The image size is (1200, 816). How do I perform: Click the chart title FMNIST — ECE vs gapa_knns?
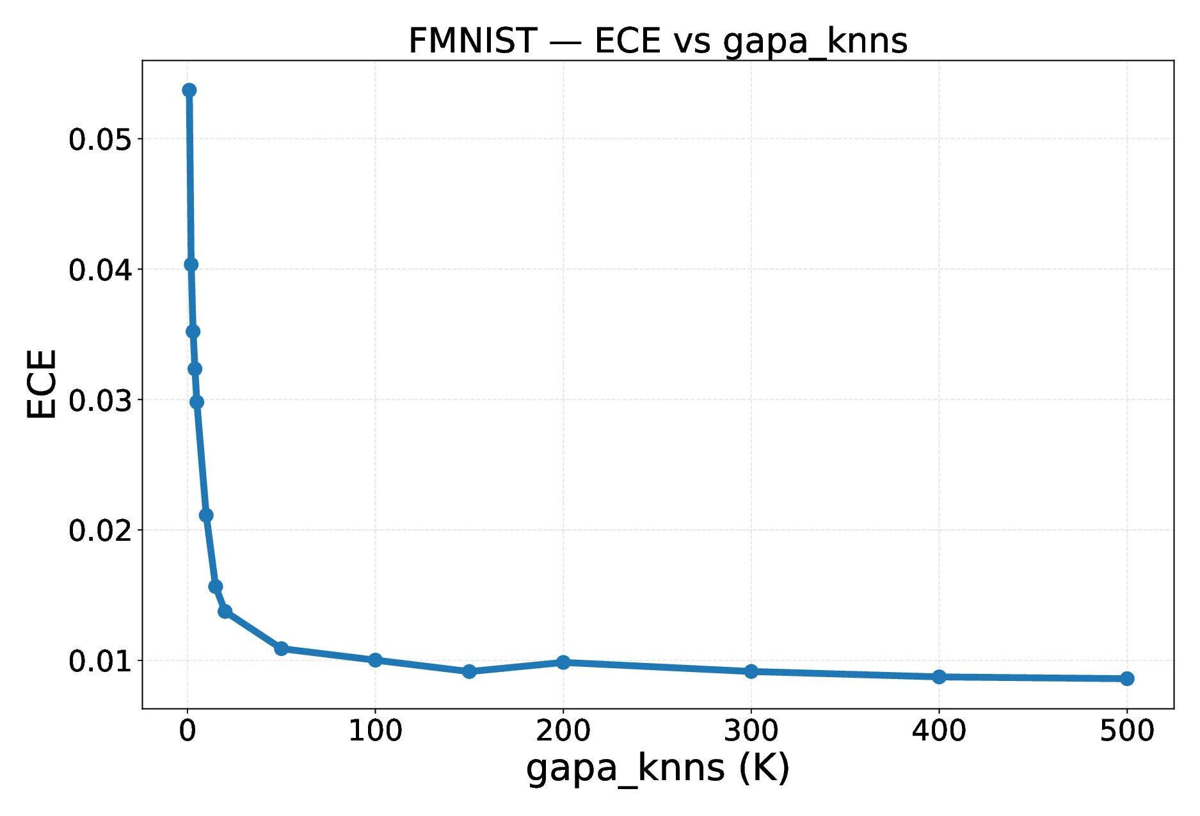coord(657,41)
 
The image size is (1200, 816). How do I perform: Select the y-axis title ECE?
coord(42,384)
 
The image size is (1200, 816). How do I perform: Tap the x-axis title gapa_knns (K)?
coord(657,768)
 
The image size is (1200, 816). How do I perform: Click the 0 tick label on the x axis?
coord(188,730)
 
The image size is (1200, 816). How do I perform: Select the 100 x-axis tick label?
coord(375,730)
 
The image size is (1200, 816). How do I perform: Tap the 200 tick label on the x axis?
coord(563,730)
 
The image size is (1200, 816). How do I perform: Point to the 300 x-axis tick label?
coord(751,730)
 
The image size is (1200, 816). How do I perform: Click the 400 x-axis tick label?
coord(939,730)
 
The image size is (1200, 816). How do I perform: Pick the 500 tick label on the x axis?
coord(1126,730)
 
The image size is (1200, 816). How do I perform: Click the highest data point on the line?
coord(189,90)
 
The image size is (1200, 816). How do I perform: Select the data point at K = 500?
coord(1127,678)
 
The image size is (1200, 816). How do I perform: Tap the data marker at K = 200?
coord(563,662)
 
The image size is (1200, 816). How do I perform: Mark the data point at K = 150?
coord(469,671)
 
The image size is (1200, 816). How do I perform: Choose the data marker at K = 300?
coord(751,671)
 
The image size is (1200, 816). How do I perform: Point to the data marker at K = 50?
coord(281,648)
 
